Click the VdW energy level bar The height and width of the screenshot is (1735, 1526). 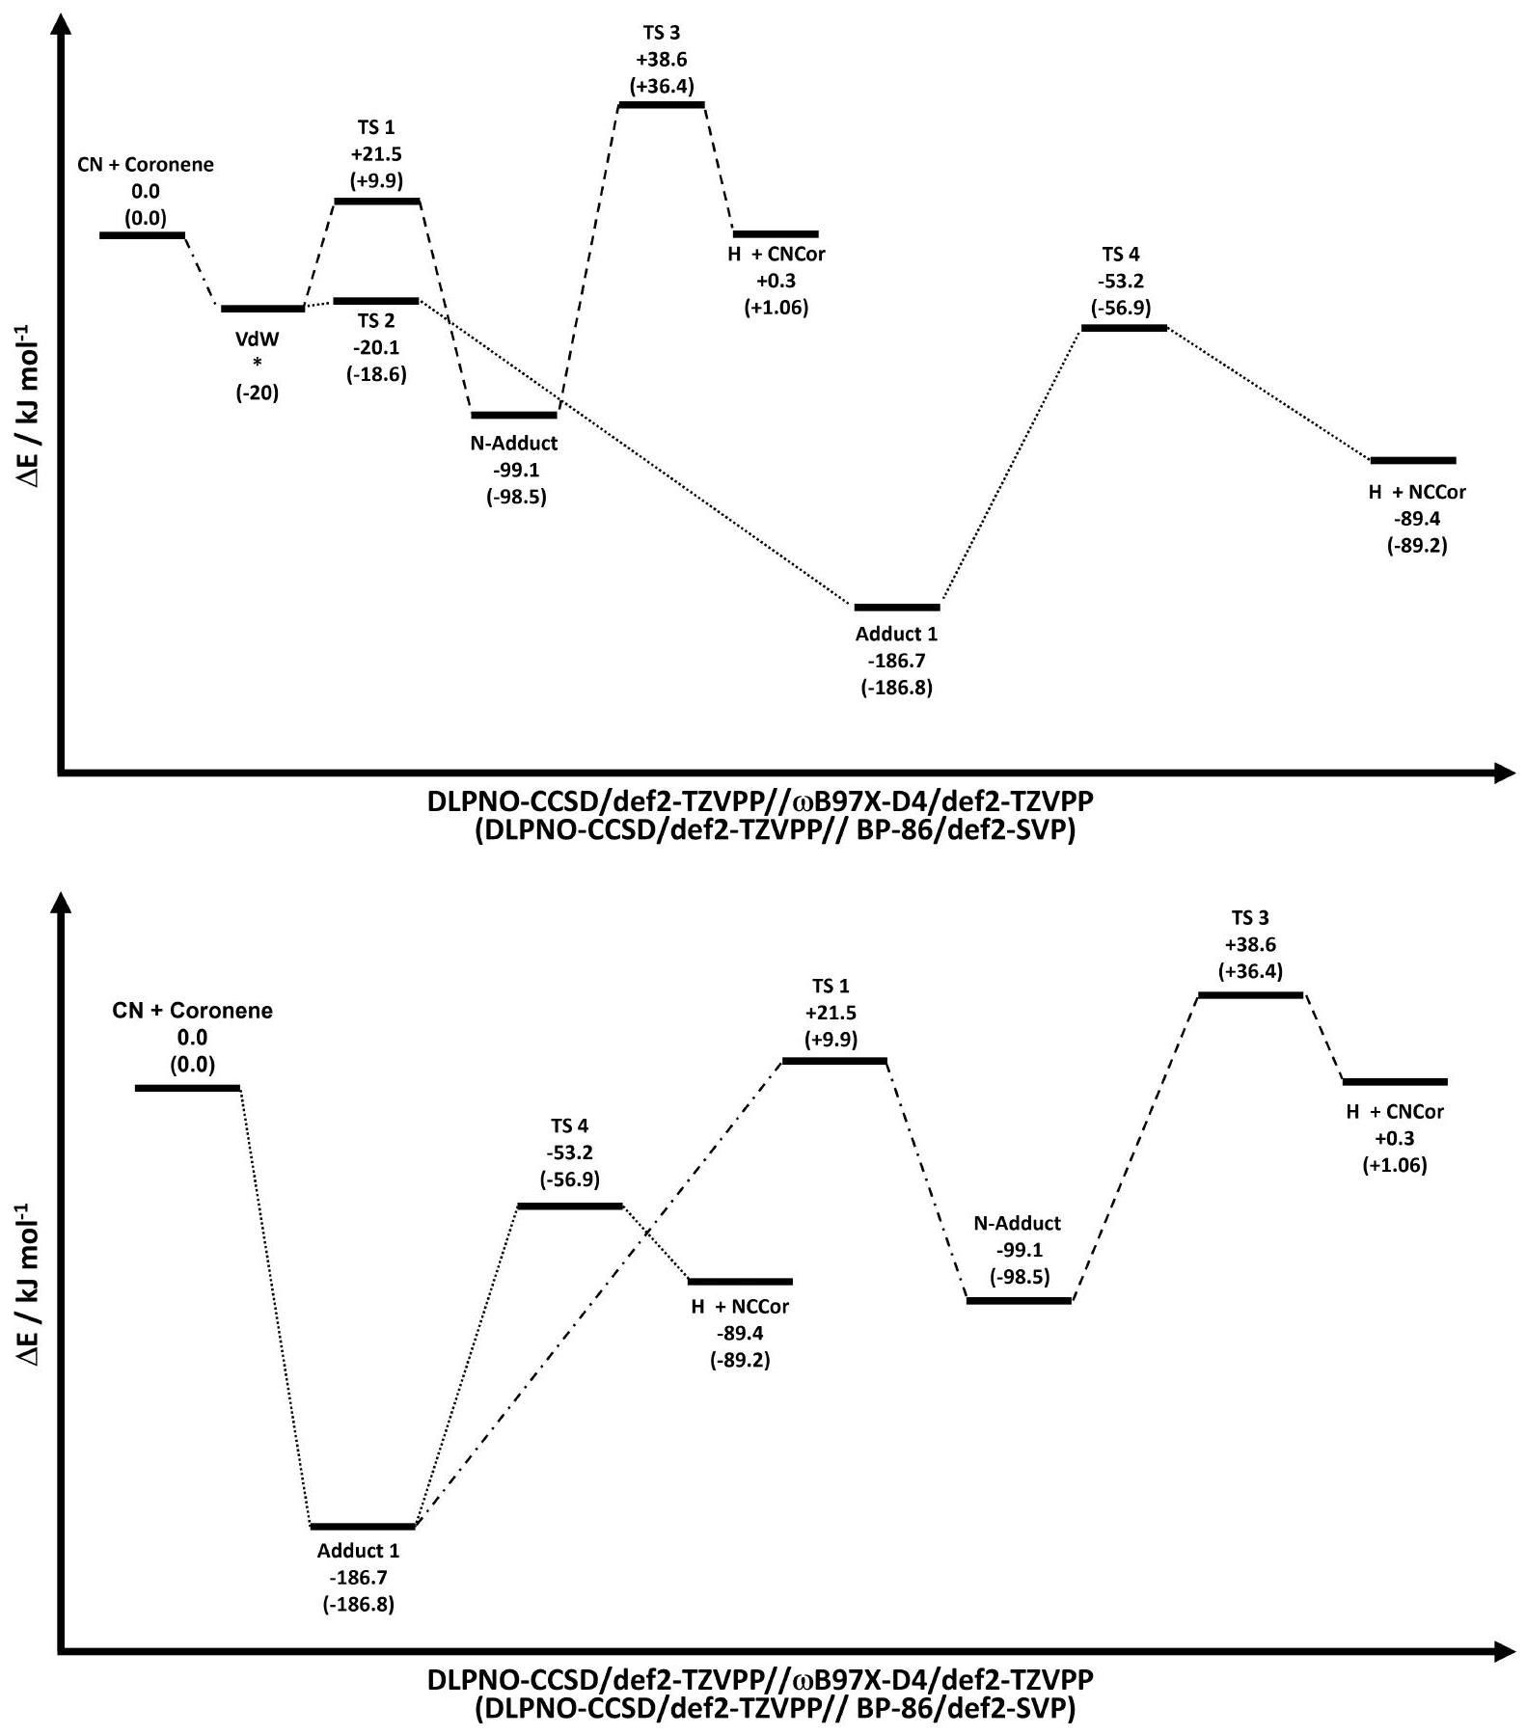[x=262, y=309]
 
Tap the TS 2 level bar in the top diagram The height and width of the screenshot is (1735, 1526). [x=376, y=301]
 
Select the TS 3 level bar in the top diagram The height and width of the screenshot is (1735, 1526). [x=661, y=104]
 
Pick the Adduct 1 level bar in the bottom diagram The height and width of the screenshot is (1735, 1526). [x=363, y=1526]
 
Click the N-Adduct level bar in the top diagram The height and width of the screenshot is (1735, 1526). [x=514, y=415]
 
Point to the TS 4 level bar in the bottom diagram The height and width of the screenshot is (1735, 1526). [x=570, y=1206]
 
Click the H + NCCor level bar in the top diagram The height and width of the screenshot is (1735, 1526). [x=1413, y=461]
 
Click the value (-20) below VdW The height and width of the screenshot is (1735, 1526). [x=258, y=393]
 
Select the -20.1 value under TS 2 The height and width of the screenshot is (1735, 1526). [x=376, y=347]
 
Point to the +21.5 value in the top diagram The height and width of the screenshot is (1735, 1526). [x=376, y=153]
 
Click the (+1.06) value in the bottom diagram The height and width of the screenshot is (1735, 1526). [x=1395, y=1165]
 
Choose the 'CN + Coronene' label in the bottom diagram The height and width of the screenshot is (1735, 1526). [x=192, y=1011]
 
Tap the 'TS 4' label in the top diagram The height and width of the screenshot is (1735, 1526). [x=1121, y=255]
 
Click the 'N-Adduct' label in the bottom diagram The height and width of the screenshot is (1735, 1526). [x=1017, y=1223]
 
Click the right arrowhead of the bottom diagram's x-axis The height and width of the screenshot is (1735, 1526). [x=1503, y=1652]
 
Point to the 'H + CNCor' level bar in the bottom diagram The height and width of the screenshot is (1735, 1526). [x=1395, y=1082]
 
